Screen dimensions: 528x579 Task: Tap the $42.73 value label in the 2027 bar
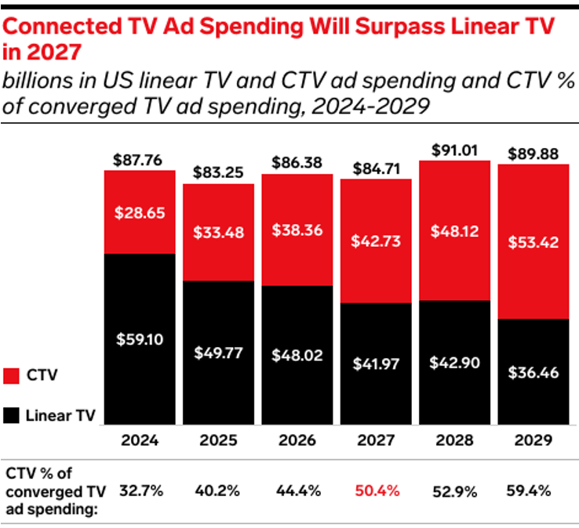(376, 241)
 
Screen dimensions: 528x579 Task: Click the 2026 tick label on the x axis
(297, 439)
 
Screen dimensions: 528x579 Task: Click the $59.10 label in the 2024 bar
(140, 340)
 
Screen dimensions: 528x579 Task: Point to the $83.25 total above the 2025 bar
(218, 173)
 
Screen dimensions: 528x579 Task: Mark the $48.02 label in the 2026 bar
(297, 354)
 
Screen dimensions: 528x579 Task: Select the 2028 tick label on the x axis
(454, 439)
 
